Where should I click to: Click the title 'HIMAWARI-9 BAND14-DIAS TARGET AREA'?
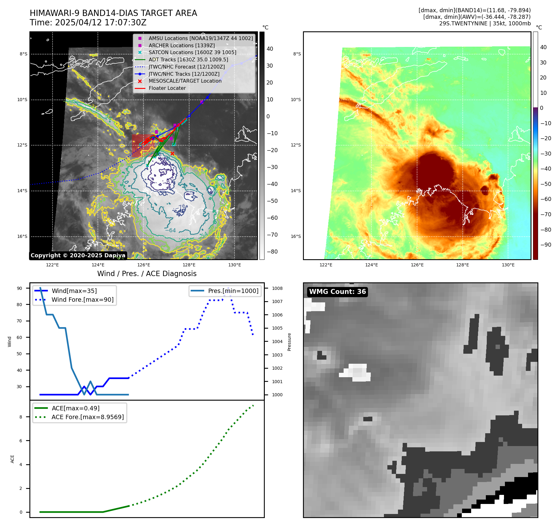coord(113,13)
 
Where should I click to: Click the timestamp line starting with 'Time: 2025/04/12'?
coord(88,23)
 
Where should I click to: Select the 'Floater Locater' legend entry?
coord(167,88)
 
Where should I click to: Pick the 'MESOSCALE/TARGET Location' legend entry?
coord(185,81)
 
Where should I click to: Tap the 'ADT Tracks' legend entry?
coord(188,59)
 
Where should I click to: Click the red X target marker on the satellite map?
coord(172,153)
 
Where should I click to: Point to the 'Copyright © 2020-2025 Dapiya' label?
coord(78,255)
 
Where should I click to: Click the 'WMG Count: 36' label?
coord(337,292)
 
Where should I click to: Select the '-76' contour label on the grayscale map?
coord(182,207)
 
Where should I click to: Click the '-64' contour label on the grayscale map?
coord(170,230)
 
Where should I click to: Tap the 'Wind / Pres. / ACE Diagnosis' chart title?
coord(147,274)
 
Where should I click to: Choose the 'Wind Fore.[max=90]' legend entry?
coord(83,300)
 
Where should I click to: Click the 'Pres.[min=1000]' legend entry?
coord(233,291)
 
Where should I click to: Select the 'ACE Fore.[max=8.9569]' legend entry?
coord(88,417)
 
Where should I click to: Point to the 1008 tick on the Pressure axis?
coord(277,288)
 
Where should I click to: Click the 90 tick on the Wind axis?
coord(19,288)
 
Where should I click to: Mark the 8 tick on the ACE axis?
coord(21,417)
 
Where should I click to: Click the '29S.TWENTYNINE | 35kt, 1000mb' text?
coord(485,23)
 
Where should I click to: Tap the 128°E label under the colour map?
coord(462,265)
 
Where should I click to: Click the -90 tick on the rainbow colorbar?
coord(546,245)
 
